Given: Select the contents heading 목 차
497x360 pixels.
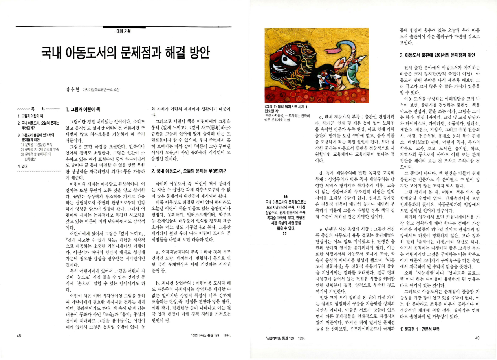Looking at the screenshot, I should coord(38,108).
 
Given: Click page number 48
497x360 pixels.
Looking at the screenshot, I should coord(19,336).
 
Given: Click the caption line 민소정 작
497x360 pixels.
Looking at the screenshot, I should coord(273,112).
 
